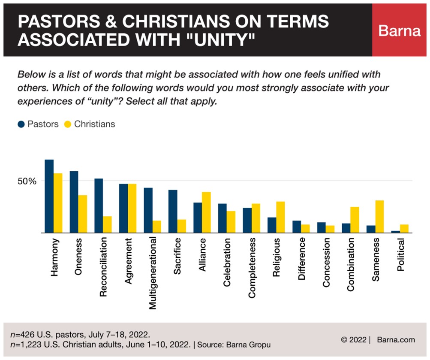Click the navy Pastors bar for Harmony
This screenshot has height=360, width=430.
(49, 196)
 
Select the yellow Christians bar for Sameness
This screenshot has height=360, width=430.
(380, 217)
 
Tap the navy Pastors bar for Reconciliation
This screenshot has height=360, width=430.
(99, 206)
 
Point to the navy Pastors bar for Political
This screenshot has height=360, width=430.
(396, 232)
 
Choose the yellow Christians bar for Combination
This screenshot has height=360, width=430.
(355, 220)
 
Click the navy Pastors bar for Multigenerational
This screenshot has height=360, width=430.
(148, 210)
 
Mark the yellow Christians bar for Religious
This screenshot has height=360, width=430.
(281, 217)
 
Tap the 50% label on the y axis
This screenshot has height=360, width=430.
(27, 181)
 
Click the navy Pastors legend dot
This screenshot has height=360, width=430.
(21, 124)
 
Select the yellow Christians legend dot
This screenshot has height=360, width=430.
(68, 124)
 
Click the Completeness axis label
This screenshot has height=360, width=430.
(252, 268)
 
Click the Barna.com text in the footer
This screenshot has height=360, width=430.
(396, 340)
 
